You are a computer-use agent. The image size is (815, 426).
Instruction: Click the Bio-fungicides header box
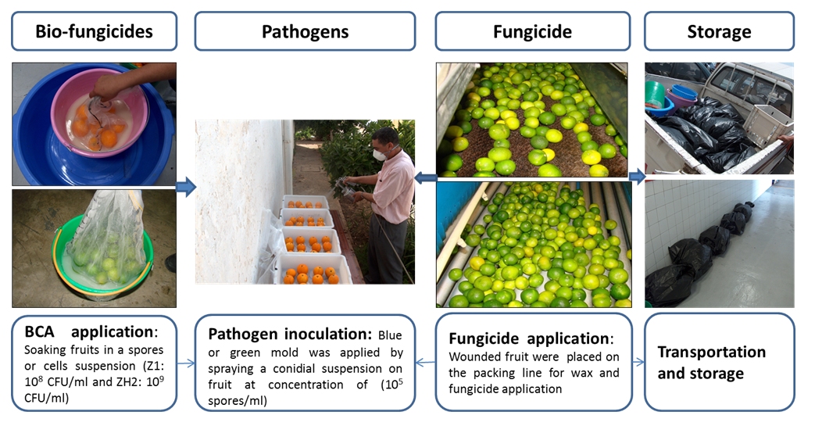[x=94, y=31]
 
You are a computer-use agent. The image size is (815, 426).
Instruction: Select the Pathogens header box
[x=305, y=31]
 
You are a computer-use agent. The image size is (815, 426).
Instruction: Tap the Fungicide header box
[x=533, y=31]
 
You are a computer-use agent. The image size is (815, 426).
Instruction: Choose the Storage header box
[x=720, y=31]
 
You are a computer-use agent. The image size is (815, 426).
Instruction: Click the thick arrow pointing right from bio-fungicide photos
[x=185, y=186]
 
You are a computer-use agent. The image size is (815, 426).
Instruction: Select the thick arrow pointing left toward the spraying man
[x=426, y=178]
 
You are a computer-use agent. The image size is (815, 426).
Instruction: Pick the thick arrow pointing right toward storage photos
[x=638, y=176]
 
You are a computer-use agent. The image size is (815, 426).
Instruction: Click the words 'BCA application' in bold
[x=91, y=332]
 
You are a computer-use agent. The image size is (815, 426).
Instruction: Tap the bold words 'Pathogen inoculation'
[x=290, y=334]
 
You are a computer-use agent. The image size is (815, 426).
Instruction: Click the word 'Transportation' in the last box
[x=712, y=353]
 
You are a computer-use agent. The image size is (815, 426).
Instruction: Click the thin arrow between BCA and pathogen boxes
[x=186, y=363]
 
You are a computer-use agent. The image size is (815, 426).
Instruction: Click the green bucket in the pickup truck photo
[x=654, y=94]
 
